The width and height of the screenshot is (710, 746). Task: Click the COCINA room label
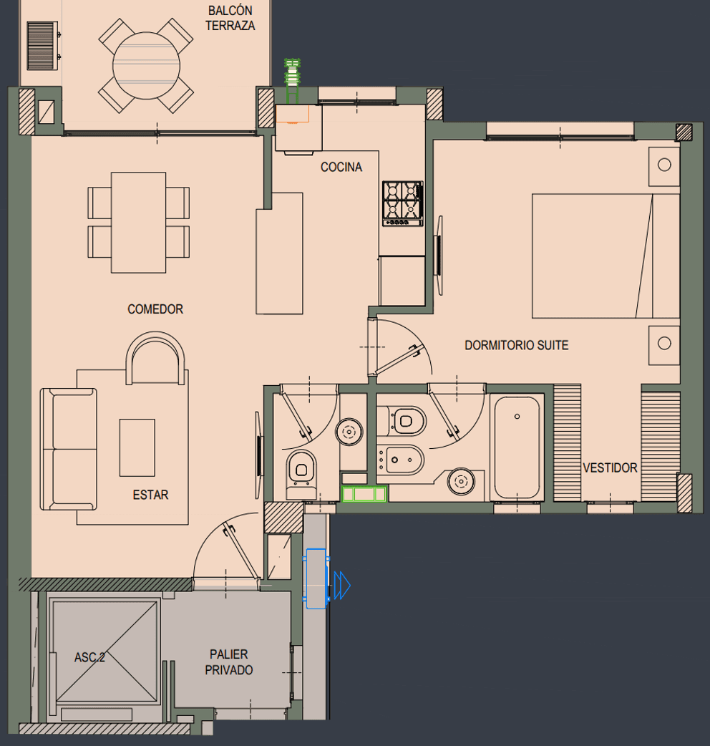tap(341, 168)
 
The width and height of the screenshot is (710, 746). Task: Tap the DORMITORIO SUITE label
tap(516, 345)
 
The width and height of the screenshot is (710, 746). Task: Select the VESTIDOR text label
tap(609, 468)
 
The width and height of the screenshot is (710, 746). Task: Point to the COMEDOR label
tap(155, 309)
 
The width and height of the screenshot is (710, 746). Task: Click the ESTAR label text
tap(150, 495)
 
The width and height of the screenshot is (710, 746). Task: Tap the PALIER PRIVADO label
tap(229, 662)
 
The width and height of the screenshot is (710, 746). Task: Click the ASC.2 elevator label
tap(89, 657)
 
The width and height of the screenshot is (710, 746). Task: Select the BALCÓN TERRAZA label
tap(230, 19)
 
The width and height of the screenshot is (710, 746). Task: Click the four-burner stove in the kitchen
tap(402, 203)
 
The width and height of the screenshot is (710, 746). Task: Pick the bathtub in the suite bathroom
tap(517, 447)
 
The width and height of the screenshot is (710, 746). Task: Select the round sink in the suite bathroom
tap(459, 480)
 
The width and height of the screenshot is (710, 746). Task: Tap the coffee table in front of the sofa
tap(137, 447)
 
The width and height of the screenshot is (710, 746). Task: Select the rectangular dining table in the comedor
tap(139, 222)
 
